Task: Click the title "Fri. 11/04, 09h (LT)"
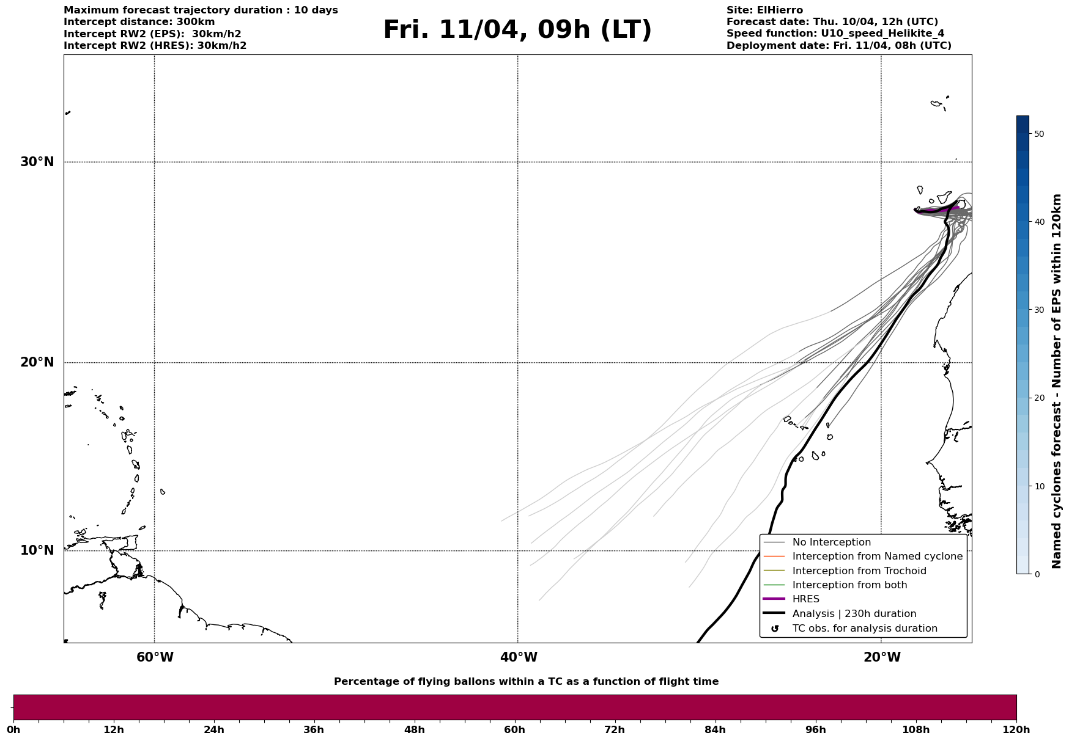[x=517, y=30]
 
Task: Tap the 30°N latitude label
[x=37, y=162]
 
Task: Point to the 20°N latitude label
[x=37, y=362]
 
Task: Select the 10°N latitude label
[x=37, y=550]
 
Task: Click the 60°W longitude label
[x=155, y=657]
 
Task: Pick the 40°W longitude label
[x=519, y=657]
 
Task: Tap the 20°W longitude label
[x=882, y=657]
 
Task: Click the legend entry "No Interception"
[x=831, y=542]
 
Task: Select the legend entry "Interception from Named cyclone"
[x=877, y=557]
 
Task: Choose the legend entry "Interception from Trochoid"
[x=859, y=571]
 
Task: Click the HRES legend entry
[x=805, y=599]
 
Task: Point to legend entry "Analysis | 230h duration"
[x=854, y=614]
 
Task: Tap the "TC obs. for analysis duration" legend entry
[x=864, y=629]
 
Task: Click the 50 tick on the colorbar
[x=1038, y=134]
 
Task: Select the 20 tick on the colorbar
[x=1038, y=398]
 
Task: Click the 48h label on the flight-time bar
[x=414, y=730]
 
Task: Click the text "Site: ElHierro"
[x=764, y=10]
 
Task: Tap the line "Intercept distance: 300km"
[x=139, y=22]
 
